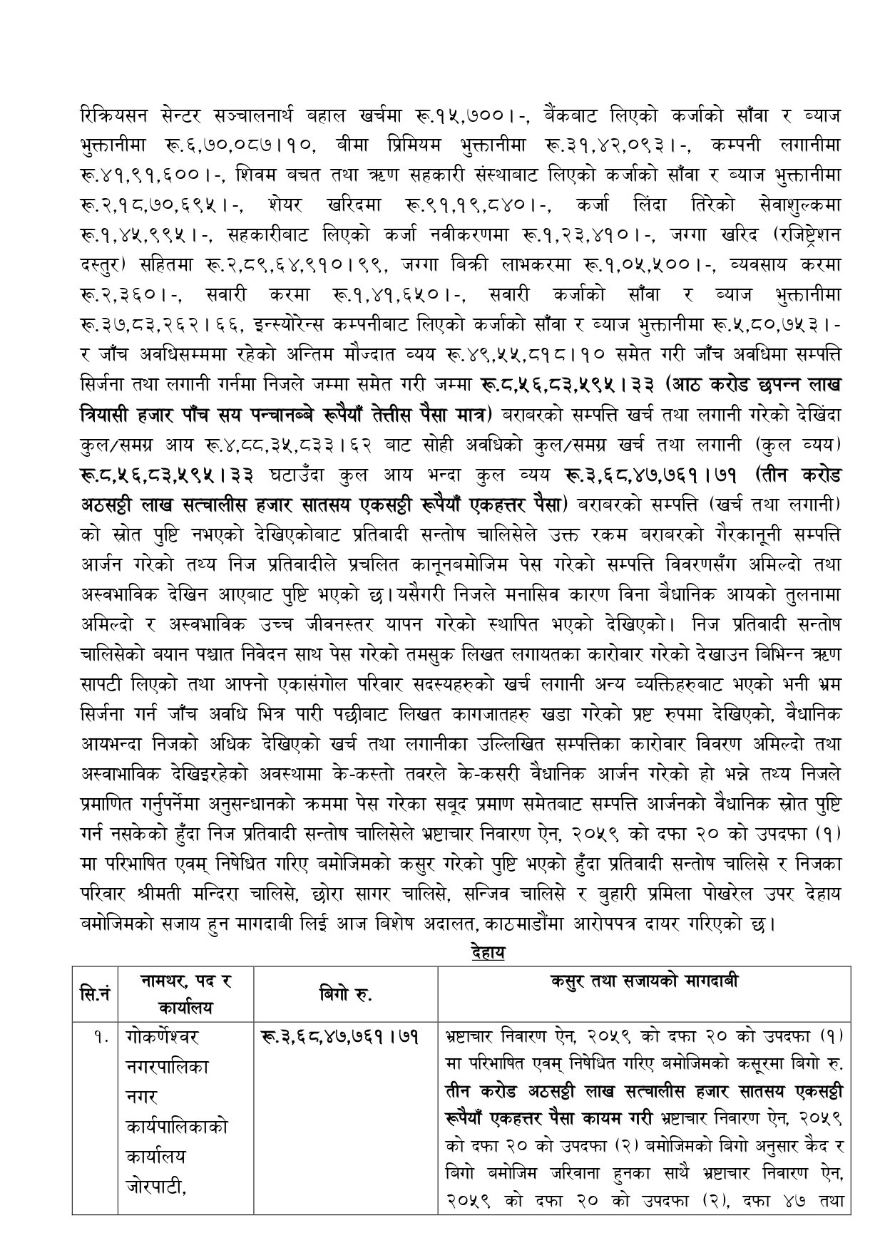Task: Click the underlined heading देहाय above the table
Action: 488,951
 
